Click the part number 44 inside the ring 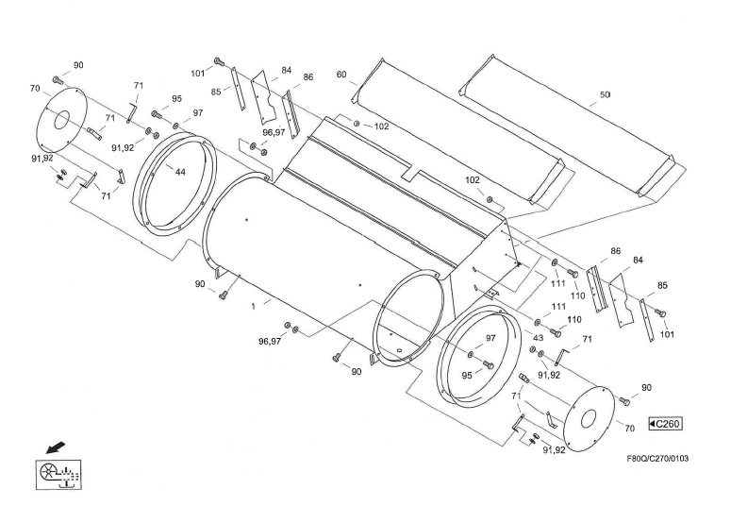pos(179,171)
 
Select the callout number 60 pos(341,75)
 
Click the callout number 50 pos(605,95)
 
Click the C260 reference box pos(664,424)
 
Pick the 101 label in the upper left pos(198,71)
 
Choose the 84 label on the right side pos(638,260)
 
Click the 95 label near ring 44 pos(176,99)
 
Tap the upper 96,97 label pos(274,132)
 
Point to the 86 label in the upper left pos(307,77)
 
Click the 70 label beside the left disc pos(35,89)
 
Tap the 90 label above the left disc pos(78,65)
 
